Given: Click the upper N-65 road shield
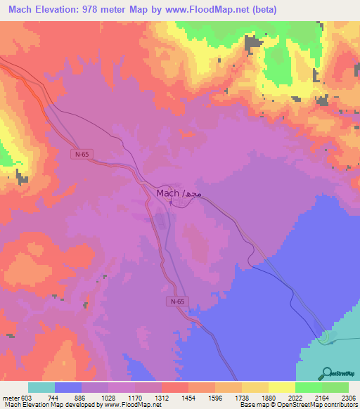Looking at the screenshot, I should [82, 152].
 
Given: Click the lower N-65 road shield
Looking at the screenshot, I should [177, 301].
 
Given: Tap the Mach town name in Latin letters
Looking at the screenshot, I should [167, 193].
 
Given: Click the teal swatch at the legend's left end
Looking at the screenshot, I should [41, 388].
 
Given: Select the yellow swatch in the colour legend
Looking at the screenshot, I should [282, 388].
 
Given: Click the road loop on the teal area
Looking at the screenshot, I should [324, 339].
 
